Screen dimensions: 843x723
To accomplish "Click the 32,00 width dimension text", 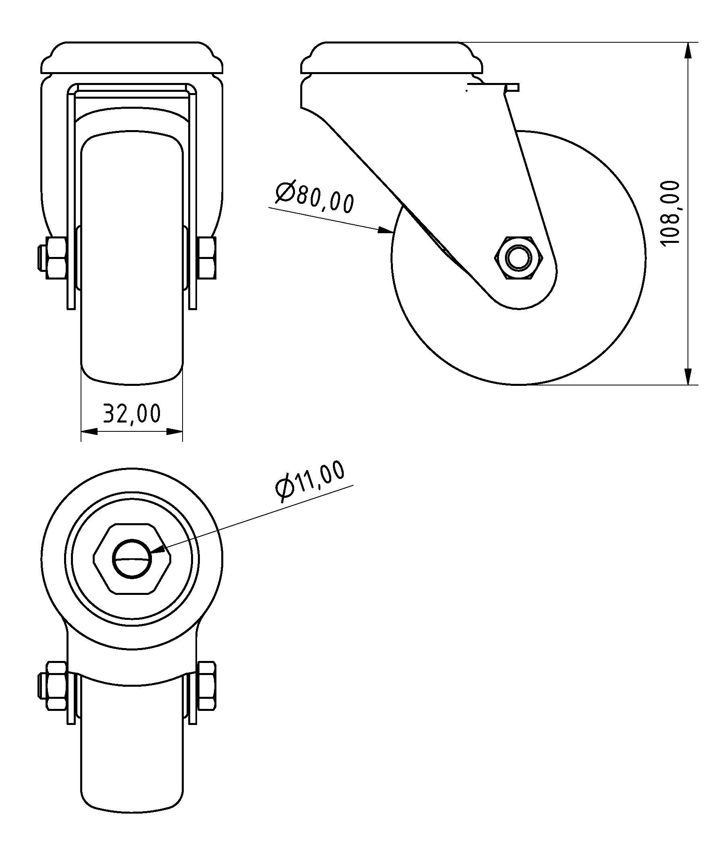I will click(131, 414).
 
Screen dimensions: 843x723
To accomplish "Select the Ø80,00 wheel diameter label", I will click(314, 198).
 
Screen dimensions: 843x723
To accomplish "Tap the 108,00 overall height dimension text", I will click(670, 213).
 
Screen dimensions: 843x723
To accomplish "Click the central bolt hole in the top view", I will click(132, 559).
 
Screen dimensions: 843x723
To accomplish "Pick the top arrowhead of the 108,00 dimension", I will click(688, 51).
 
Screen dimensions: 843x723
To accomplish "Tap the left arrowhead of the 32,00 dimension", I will click(89, 431).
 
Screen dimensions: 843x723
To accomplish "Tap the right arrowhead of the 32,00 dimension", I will click(174, 431).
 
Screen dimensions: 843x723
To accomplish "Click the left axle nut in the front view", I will click(56, 258).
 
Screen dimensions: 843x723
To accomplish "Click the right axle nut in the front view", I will click(207, 258).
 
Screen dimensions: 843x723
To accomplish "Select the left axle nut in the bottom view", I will click(56, 686).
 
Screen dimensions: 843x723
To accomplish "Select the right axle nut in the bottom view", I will click(207, 686).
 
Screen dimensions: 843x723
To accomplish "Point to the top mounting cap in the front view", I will click(132, 58).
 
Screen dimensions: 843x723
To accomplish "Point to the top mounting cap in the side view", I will click(392, 58).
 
